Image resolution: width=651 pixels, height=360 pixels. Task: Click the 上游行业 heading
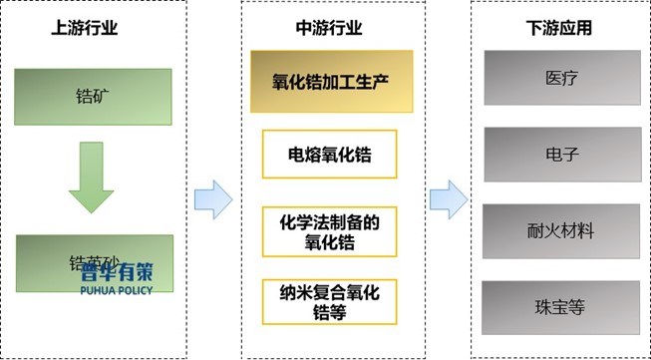[85, 29]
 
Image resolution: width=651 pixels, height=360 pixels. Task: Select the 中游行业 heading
[328, 29]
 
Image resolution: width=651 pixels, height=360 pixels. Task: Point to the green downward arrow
[91, 178]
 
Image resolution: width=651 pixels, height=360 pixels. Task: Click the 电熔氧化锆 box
[329, 155]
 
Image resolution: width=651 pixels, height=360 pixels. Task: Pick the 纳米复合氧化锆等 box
[329, 301]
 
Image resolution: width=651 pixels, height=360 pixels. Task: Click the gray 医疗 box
[560, 76]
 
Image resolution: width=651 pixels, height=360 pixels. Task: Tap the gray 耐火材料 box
[560, 230]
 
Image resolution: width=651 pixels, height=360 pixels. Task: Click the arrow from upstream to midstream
[212, 198]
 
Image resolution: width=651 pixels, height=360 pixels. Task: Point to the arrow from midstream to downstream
[449, 198]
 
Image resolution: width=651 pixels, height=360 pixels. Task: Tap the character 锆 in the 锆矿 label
[83, 98]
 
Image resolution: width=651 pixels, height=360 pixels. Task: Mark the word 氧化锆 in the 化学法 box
[329, 242]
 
